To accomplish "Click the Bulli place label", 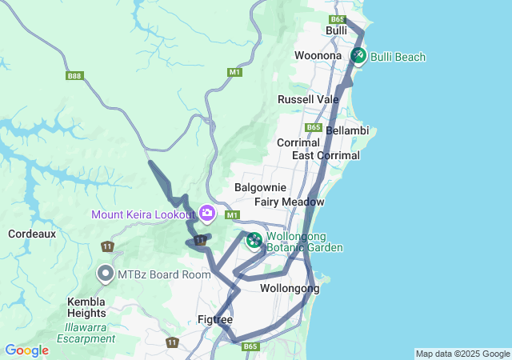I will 336,30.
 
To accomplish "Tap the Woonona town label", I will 318,56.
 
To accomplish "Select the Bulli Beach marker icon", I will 358,55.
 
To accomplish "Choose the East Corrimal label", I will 320,155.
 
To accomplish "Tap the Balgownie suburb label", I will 255,187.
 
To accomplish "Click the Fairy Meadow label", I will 289,202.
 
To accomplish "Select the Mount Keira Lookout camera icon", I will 207,213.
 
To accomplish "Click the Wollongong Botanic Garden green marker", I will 254,239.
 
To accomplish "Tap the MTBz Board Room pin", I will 105,274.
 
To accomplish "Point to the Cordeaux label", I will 31,234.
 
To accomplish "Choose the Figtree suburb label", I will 214,320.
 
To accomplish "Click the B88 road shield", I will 74,76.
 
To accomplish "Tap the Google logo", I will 26,350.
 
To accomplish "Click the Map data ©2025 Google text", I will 462,354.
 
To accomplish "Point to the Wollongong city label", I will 290,288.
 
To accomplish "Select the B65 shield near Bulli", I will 337,19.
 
